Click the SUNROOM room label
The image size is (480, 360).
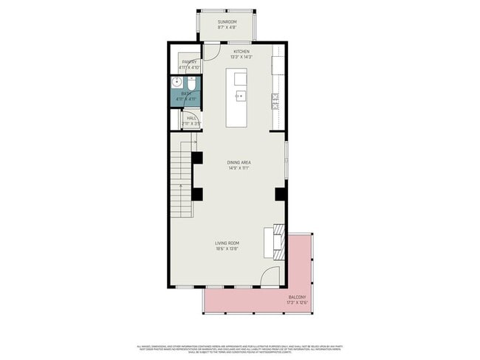coord(226,23)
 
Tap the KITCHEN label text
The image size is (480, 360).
coord(241,52)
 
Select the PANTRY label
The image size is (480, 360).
coord(188,62)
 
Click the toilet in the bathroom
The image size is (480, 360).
coord(191,84)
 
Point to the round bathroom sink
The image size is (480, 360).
coord(177,83)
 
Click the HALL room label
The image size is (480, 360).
coord(191,117)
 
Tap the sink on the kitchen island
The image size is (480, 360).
coord(240,96)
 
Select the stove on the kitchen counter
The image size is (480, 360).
coord(276,99)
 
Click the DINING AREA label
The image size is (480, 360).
coord(240,162)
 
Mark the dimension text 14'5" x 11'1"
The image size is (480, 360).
coord(240,168)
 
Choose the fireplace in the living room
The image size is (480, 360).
coord(276,241)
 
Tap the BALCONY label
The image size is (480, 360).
coord(297,297)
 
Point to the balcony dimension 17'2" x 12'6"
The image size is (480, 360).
coord(297,303)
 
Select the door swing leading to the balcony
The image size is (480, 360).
coord(270,278)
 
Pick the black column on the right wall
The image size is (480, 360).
coord(281,194)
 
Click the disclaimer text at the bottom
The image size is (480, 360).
coord(240,350)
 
